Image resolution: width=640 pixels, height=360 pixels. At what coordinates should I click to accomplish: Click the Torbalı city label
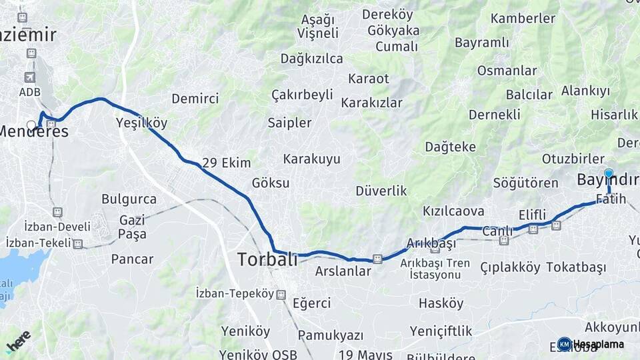(x=268, y=259)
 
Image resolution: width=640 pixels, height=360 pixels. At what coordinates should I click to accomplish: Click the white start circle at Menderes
(x=31, y=125)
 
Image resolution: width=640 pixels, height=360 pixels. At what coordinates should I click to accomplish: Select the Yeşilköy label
(x=141, y=123)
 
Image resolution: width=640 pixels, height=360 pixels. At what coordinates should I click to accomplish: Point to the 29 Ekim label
(x=227, y=163)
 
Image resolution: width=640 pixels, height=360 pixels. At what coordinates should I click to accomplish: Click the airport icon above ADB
(x=29, y=78)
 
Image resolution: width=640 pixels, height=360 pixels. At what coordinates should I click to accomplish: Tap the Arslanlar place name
(x=343, y=271)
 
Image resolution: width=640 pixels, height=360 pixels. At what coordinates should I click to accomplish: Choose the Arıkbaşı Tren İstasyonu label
(x=435, y=269)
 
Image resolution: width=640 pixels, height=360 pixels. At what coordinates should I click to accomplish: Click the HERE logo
(x=19, y=341)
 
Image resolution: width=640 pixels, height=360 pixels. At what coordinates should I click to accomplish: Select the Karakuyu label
(x=311, y=159)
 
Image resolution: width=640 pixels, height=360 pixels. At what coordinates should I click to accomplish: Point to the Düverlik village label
(x=381, y=191)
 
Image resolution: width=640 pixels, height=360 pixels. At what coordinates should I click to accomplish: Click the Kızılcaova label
(x=453, y=211)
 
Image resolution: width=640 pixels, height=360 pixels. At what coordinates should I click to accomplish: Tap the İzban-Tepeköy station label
(x=235, y=293)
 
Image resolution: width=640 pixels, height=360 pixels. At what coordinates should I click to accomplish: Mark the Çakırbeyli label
(x=302, y=95)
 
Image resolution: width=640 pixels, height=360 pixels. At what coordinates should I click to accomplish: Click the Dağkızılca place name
(x=311, y=58)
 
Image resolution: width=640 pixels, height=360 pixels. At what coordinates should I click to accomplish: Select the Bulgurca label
(x=129, y=199)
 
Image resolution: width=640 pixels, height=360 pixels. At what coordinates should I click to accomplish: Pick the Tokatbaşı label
(x=575, y=267)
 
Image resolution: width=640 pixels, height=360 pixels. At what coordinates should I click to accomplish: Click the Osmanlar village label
(x=507, y=70)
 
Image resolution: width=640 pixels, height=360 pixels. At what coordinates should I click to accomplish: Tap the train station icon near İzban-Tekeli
(x=78, y=244)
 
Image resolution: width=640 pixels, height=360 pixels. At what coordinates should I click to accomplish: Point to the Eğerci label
(x=311, y=303)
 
